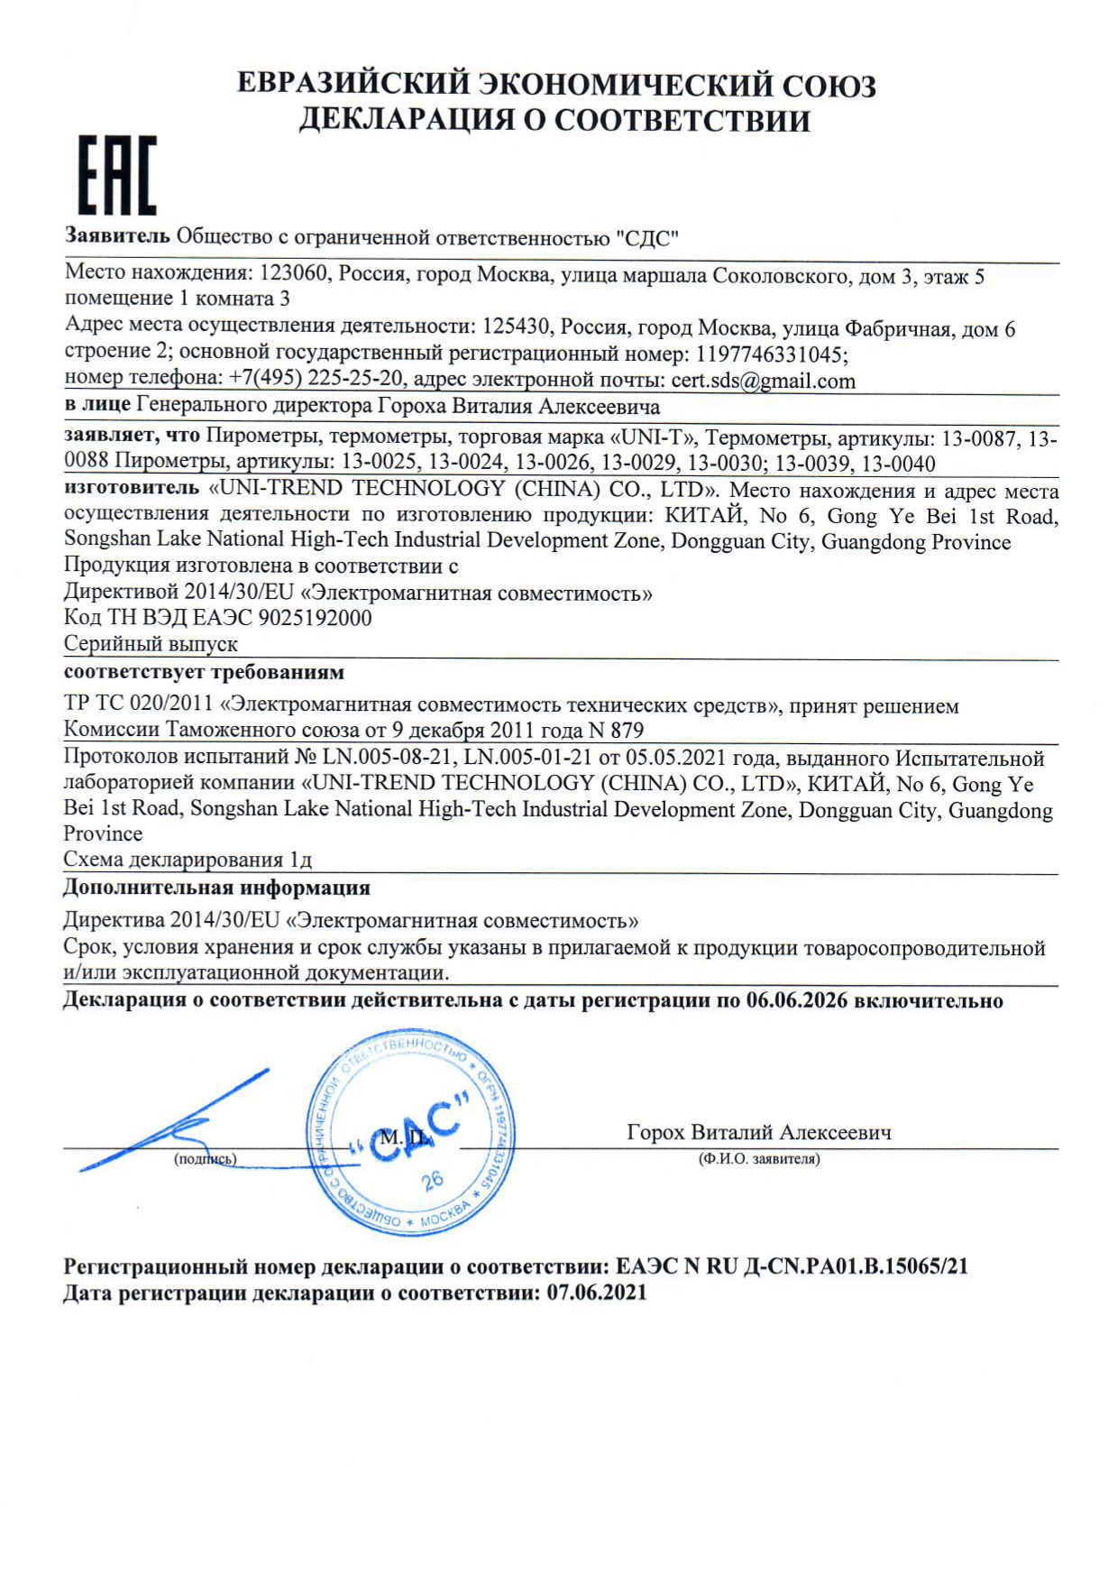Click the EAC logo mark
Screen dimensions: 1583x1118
pos(116,176)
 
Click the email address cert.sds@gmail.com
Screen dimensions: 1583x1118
pos(763,381)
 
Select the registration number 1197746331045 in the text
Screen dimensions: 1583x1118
pos(769,354)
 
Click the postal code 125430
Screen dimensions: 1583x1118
pos(515,327)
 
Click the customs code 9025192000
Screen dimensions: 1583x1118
pos(315,618)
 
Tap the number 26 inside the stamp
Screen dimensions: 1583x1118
pos(432,1179)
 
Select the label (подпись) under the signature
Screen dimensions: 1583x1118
pos(205,1159)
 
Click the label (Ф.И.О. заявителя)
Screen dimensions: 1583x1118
pos(759,1159)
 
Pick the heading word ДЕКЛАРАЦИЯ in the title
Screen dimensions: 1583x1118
pos(405,120)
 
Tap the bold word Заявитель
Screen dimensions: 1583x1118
pos(117,236)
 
